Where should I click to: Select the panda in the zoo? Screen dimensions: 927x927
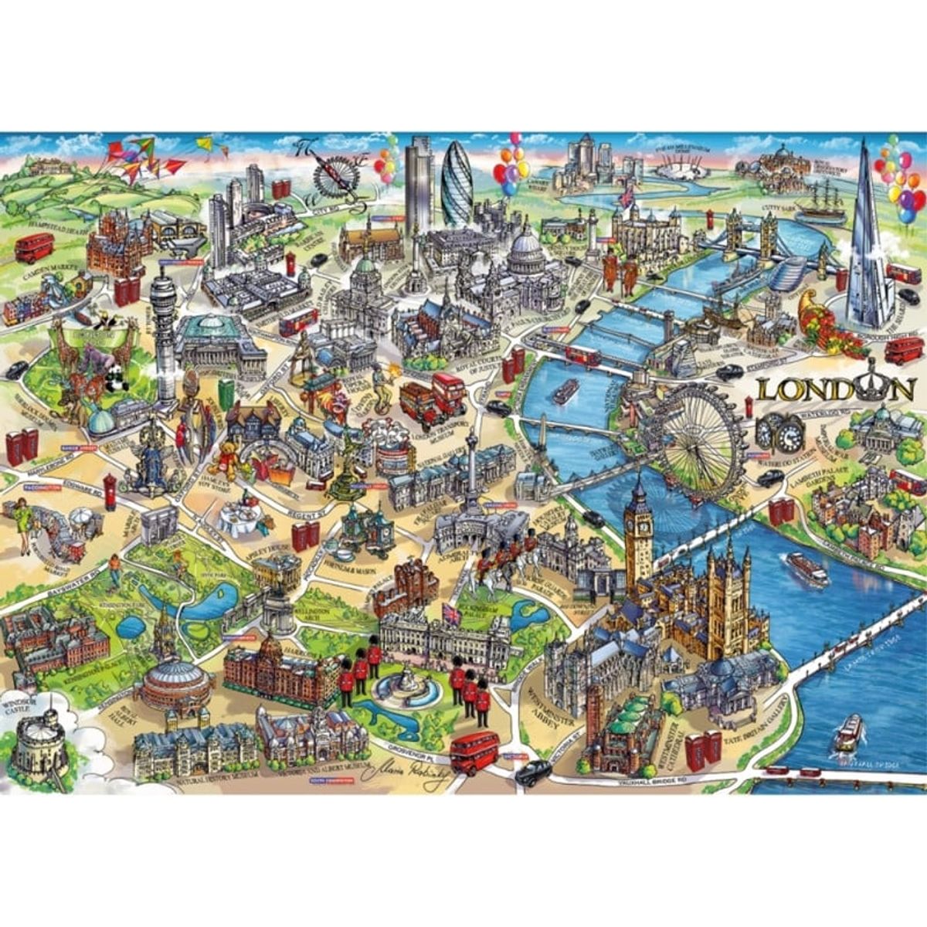click(116, 379)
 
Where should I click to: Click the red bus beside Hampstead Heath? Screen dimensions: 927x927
click(35, 247)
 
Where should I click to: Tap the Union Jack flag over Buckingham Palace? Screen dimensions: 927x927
click(450, 614)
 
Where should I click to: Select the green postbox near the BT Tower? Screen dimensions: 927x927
click(225, 393)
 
